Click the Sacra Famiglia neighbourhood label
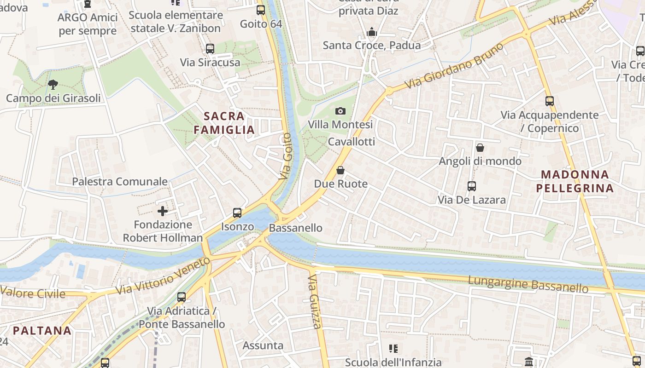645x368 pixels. [224, 123]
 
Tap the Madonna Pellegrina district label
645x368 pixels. [575, 181]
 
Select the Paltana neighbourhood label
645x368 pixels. [42, 330]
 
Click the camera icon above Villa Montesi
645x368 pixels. [340, 111]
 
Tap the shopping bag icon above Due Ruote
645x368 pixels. [340, 171]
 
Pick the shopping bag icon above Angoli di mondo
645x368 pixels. [480, 148]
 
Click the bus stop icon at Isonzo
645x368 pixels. [237, 213]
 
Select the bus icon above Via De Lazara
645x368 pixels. [472, 186]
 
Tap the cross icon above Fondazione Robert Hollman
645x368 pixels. [163, 211]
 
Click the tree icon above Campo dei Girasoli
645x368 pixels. [53, 85]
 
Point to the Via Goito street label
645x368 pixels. [286, 156]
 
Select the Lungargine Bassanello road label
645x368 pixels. [528, 284]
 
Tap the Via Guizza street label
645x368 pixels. [315, 302]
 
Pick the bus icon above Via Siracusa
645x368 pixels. [210, 49]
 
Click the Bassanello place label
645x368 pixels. [295, 228]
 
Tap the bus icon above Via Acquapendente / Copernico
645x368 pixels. [549, 101]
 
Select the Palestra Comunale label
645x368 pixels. [120, 181]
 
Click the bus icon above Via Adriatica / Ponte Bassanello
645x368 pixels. [182, 297]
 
